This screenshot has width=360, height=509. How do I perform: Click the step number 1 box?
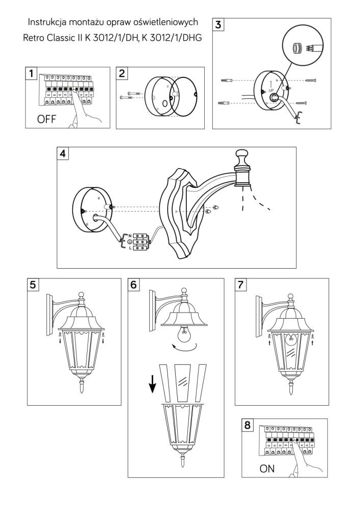click(x=32, y=74)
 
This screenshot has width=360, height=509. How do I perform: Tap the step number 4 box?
click(x=64, y=154)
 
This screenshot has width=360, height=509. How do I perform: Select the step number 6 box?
click(x=134, y=285)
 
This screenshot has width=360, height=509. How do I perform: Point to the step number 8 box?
click(x=248, y=425)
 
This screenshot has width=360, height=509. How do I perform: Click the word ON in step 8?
click(x=267, y=469)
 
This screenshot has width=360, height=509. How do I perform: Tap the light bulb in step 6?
click(x=184, y=335)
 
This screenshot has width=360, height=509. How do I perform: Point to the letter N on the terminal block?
click(x=130, y=235)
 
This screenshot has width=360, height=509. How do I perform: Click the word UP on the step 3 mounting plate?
click(x=271, y=90)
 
